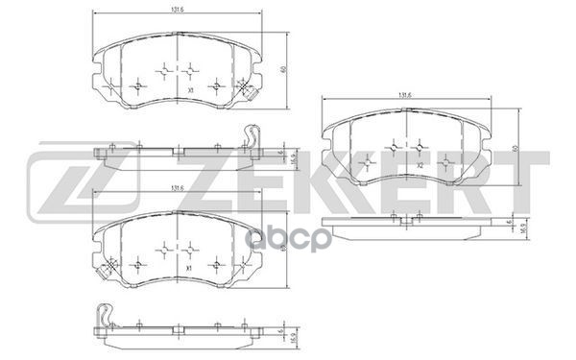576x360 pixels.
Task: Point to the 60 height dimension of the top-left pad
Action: coord(284,69)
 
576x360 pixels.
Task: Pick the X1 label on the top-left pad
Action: coord(192,89)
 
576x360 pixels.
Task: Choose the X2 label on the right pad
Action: coord(420,165)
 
